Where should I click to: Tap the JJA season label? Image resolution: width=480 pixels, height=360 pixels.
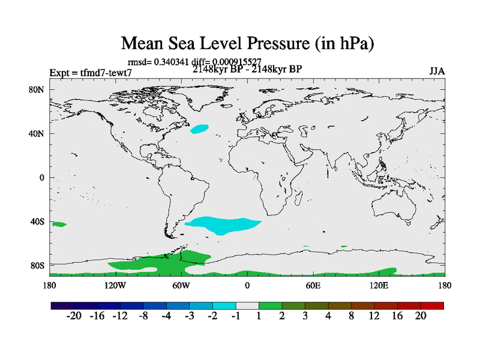coord(437,71)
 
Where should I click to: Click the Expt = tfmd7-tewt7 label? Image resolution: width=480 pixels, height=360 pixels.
coord(91,73)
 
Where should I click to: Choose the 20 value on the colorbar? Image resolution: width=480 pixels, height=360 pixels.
coord(421,316)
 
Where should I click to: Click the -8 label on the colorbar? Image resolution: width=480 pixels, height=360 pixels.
coord(143,316)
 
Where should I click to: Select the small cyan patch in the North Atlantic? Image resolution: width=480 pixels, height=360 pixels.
coord(199,128)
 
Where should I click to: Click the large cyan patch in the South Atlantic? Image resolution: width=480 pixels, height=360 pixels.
coord(223,225)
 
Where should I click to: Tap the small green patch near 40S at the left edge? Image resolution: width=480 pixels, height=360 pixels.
coord(59,224)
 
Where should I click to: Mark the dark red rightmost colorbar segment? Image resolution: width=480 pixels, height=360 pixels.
coord(432,305)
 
